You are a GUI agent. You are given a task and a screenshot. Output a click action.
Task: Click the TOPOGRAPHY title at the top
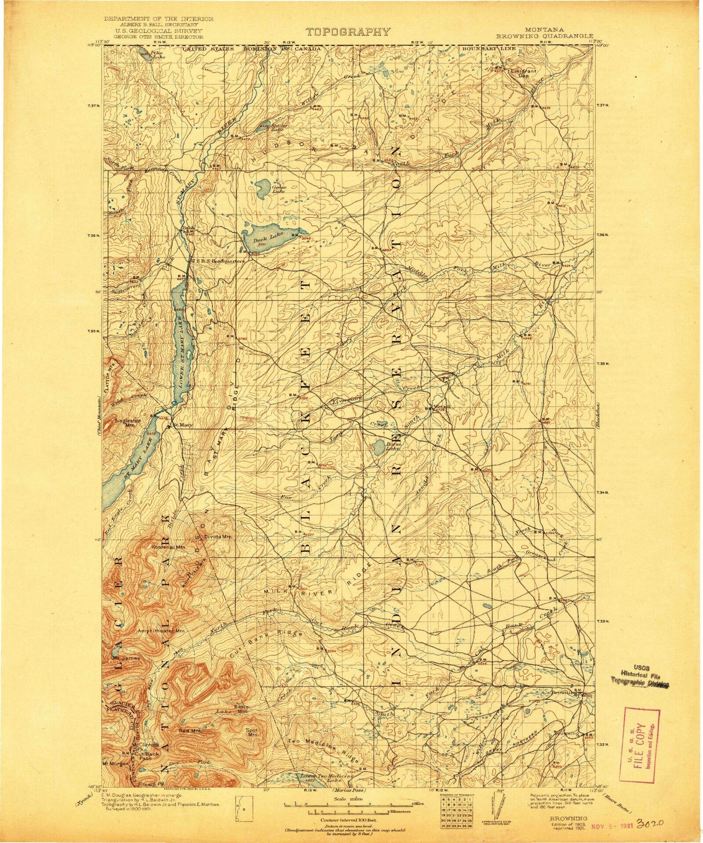pos(347,32)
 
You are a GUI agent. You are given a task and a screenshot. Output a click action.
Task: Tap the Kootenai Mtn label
pos(169,546)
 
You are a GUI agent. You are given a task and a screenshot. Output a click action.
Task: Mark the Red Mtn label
pos(189,731)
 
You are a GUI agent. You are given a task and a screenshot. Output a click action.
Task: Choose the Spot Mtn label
pos(253,733)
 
